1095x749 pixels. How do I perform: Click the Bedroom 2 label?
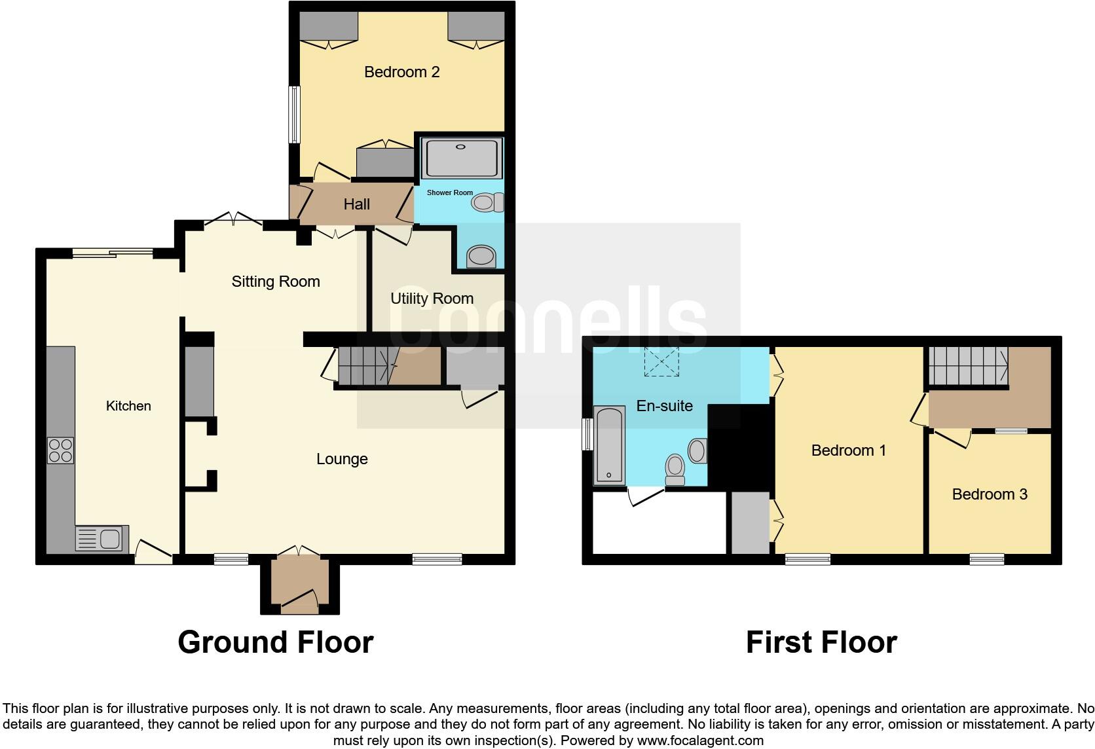coord(401,72)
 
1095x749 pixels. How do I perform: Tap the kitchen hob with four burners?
coord(60,450)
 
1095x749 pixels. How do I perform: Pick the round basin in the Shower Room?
coord(481,257)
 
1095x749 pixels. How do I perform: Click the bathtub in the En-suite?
coord(609,445)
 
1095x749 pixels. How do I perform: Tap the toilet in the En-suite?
coord(675,470)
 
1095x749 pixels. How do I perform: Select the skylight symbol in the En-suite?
coord(661,362)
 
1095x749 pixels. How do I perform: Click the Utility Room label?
coord(432,299)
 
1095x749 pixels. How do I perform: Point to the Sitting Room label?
coord(276,282)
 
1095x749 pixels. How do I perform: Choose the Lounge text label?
coord(342,459)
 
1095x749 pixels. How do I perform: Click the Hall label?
coord(356,204)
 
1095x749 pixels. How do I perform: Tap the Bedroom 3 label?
coord(989,494)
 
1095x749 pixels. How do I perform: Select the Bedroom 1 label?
coord(848,450)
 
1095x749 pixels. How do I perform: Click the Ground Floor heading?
coord(275,642)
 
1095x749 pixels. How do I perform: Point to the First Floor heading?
coord(821,642)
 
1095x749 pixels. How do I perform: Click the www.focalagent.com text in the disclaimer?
coord(700,740)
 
